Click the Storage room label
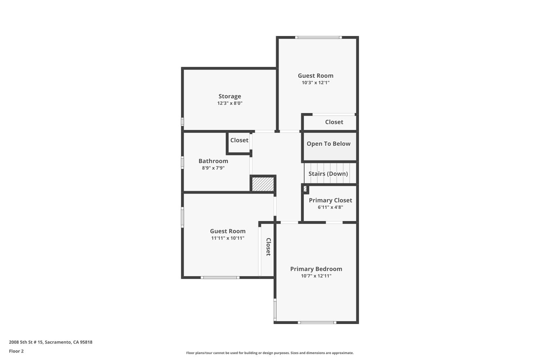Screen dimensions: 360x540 click(230, 96)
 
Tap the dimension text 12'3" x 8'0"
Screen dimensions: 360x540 click(230, 103)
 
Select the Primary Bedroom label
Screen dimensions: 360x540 click(316, 269)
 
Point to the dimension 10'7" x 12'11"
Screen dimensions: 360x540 click(316, 276)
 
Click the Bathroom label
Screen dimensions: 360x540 click(213, 161)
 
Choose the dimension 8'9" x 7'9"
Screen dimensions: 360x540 click(213, 168)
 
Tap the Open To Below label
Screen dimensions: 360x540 click(328, 144)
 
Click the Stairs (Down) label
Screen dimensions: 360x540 click(328, 174)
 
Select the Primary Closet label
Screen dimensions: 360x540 click(330, 200)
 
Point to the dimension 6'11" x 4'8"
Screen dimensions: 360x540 click(330, 207)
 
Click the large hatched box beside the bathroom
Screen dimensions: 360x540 click(263, 184)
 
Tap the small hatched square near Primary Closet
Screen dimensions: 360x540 click(305, 189)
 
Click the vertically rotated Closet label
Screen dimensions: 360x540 click(268, 247)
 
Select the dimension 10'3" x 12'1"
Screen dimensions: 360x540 click(315, 82)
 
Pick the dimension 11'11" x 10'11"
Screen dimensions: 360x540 click(228, 238)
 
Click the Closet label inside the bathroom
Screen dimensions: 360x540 click(239, 140)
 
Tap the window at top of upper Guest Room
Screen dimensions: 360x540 click(318, 37)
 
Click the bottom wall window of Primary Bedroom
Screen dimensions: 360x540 click(317, 323)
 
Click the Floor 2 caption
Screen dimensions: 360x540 click(16, 351)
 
